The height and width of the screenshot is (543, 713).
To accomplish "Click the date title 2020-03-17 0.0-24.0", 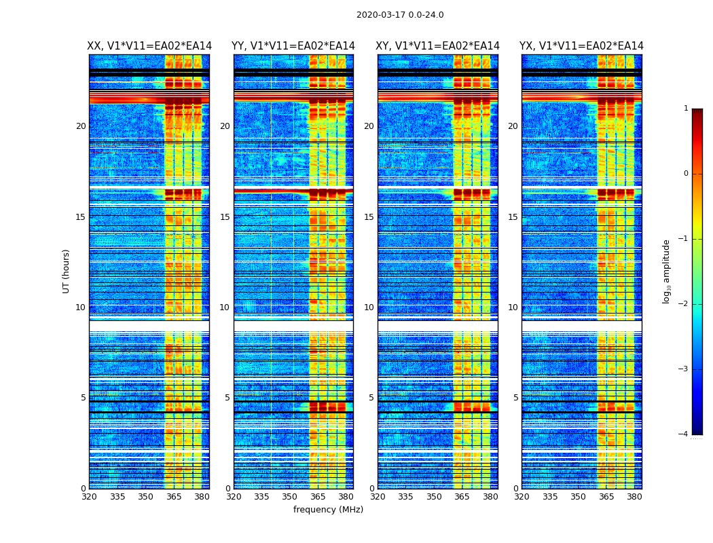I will coord(400,15).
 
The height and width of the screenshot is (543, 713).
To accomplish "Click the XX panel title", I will coord(149,46).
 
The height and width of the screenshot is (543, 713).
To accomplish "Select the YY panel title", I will coord(293,46).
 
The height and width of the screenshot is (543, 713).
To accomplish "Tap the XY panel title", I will coord(438,46).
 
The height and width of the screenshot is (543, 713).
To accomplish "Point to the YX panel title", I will coord(581,46).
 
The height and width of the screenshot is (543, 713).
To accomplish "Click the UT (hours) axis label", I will coord(67,271).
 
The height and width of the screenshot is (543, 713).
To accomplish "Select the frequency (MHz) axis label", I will coord(328,510).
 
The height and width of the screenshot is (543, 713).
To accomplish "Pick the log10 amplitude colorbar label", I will coord(667,271).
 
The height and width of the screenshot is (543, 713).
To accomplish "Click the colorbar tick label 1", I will coord(686,109).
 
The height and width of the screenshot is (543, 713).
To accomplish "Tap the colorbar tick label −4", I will coord(684,434).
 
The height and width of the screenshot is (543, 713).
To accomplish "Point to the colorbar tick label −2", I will coord(684,304).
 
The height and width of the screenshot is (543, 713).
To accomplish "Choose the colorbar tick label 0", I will coord(686,174).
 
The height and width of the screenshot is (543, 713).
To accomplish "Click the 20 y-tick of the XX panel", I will coord(81,126).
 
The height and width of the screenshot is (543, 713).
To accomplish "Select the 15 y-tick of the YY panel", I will coord(225,217).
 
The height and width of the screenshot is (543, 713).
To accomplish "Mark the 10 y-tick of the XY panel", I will coord(369,307).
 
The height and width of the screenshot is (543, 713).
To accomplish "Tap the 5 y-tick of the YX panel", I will coord(515,398).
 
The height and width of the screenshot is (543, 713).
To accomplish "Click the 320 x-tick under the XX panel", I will coord(89,497).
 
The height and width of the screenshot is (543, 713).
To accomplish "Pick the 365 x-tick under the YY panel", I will coord(318,497).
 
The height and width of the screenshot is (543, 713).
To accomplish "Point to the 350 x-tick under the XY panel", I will coord(434,497).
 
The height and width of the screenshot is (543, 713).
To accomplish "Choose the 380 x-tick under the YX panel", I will coord(634,497).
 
